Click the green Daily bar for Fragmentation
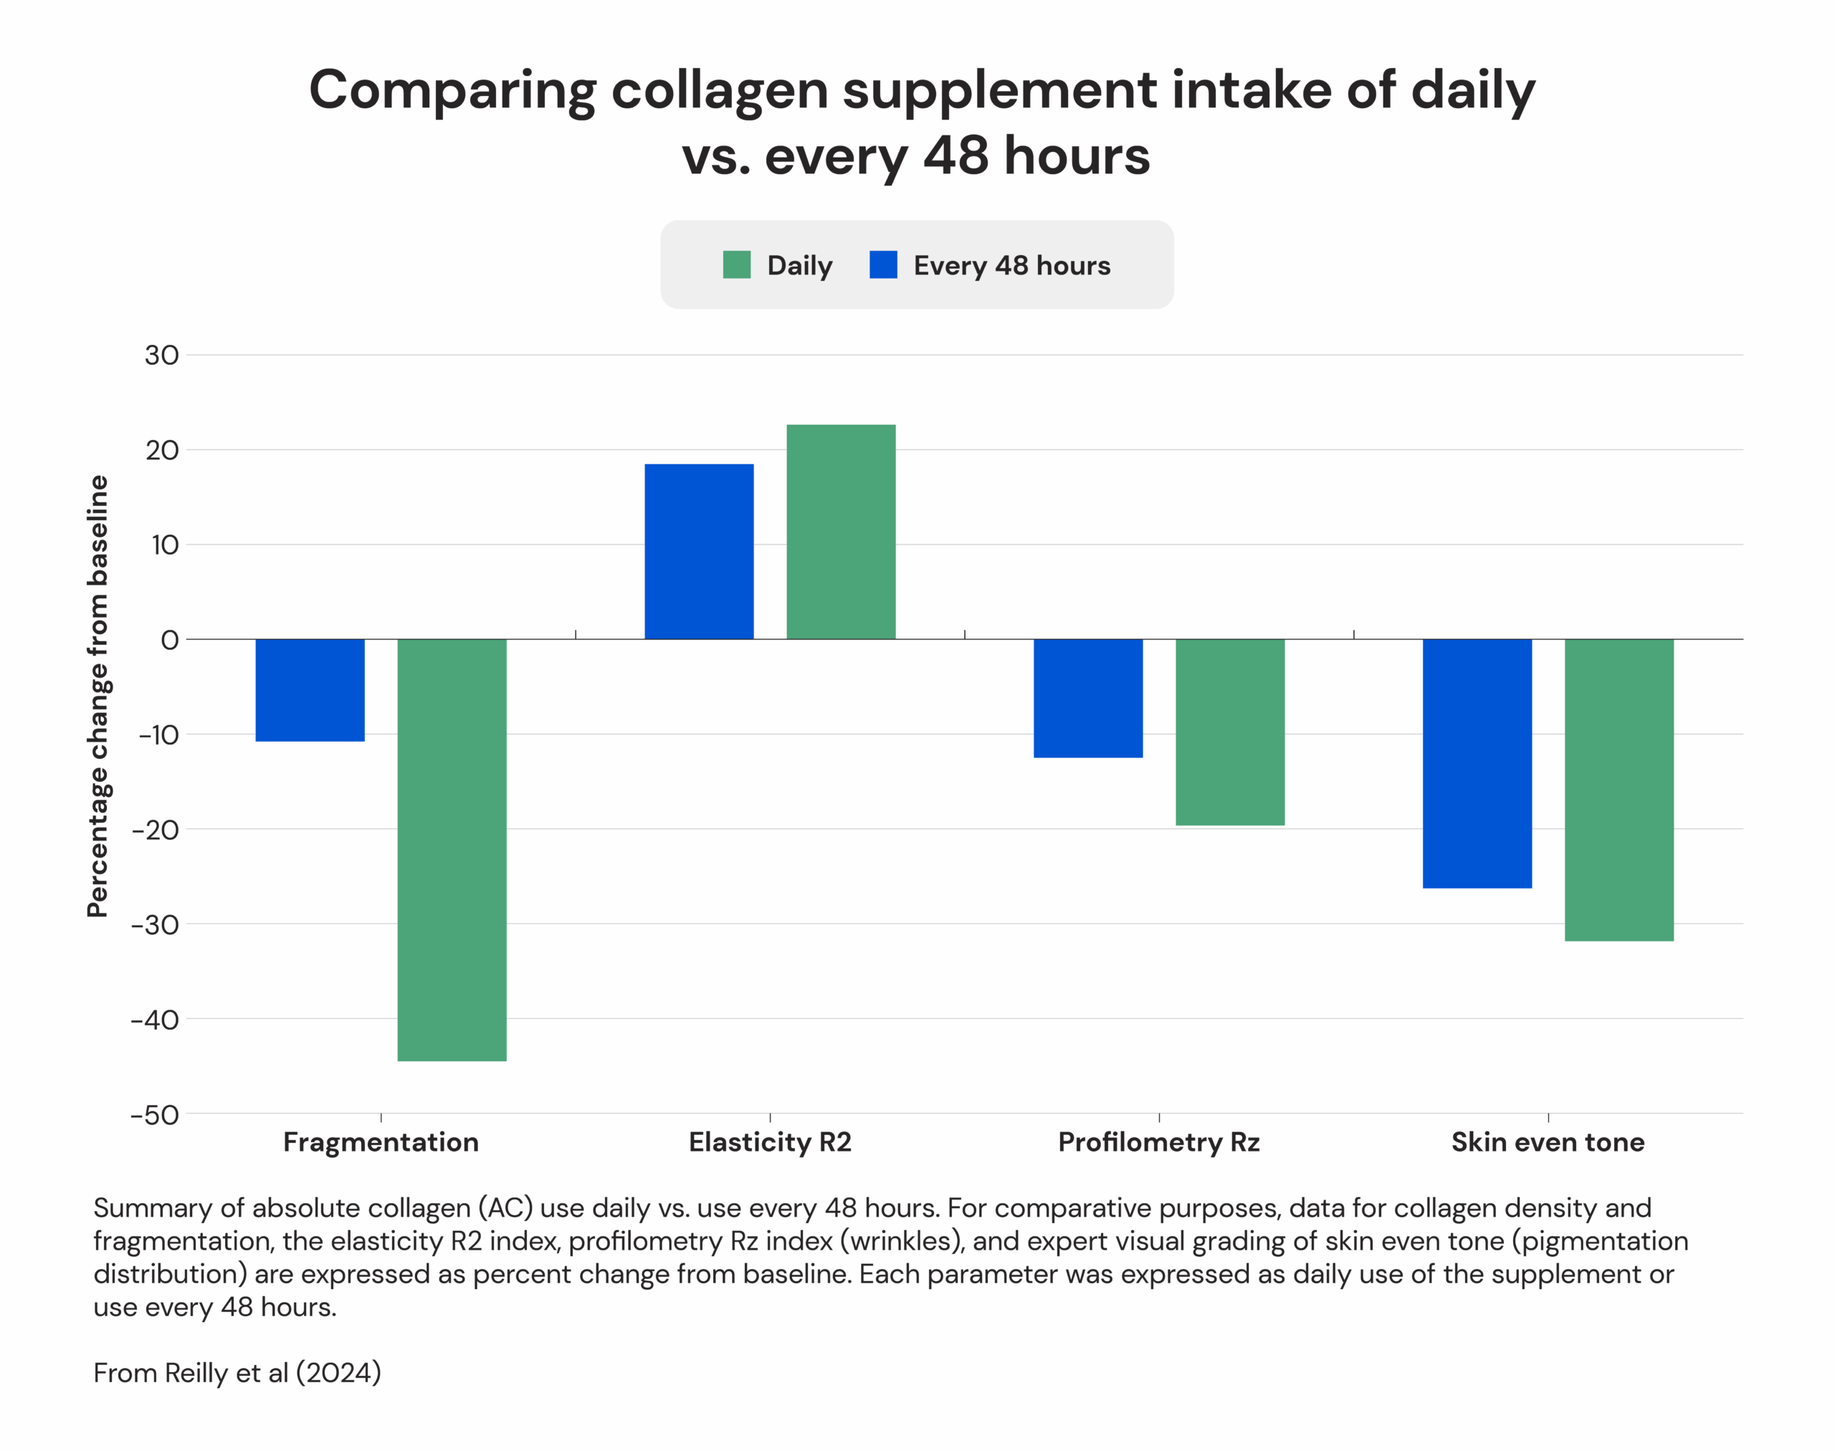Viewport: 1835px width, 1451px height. coord(452,850)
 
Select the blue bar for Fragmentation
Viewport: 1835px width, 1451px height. coord(310,690)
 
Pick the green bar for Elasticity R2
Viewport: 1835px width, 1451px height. coord(841,532)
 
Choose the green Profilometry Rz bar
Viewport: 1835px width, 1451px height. coord(1230,732)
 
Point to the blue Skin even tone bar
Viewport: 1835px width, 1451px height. coord(1477,763)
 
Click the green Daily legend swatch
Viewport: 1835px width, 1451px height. coord(736,265)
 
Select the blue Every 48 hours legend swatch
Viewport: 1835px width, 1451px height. coord(883,265)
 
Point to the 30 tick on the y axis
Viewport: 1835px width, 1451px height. coord(161,355)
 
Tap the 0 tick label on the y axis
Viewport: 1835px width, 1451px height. coord(169,640)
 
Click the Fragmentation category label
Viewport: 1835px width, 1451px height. coord(381,1141)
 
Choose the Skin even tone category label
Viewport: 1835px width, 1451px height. coord(1547,1141)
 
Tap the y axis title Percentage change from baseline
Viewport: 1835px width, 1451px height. coord(99,696)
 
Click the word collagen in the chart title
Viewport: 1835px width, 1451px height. coord(719,90)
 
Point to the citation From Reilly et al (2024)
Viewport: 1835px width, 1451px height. coord(237,1373)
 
